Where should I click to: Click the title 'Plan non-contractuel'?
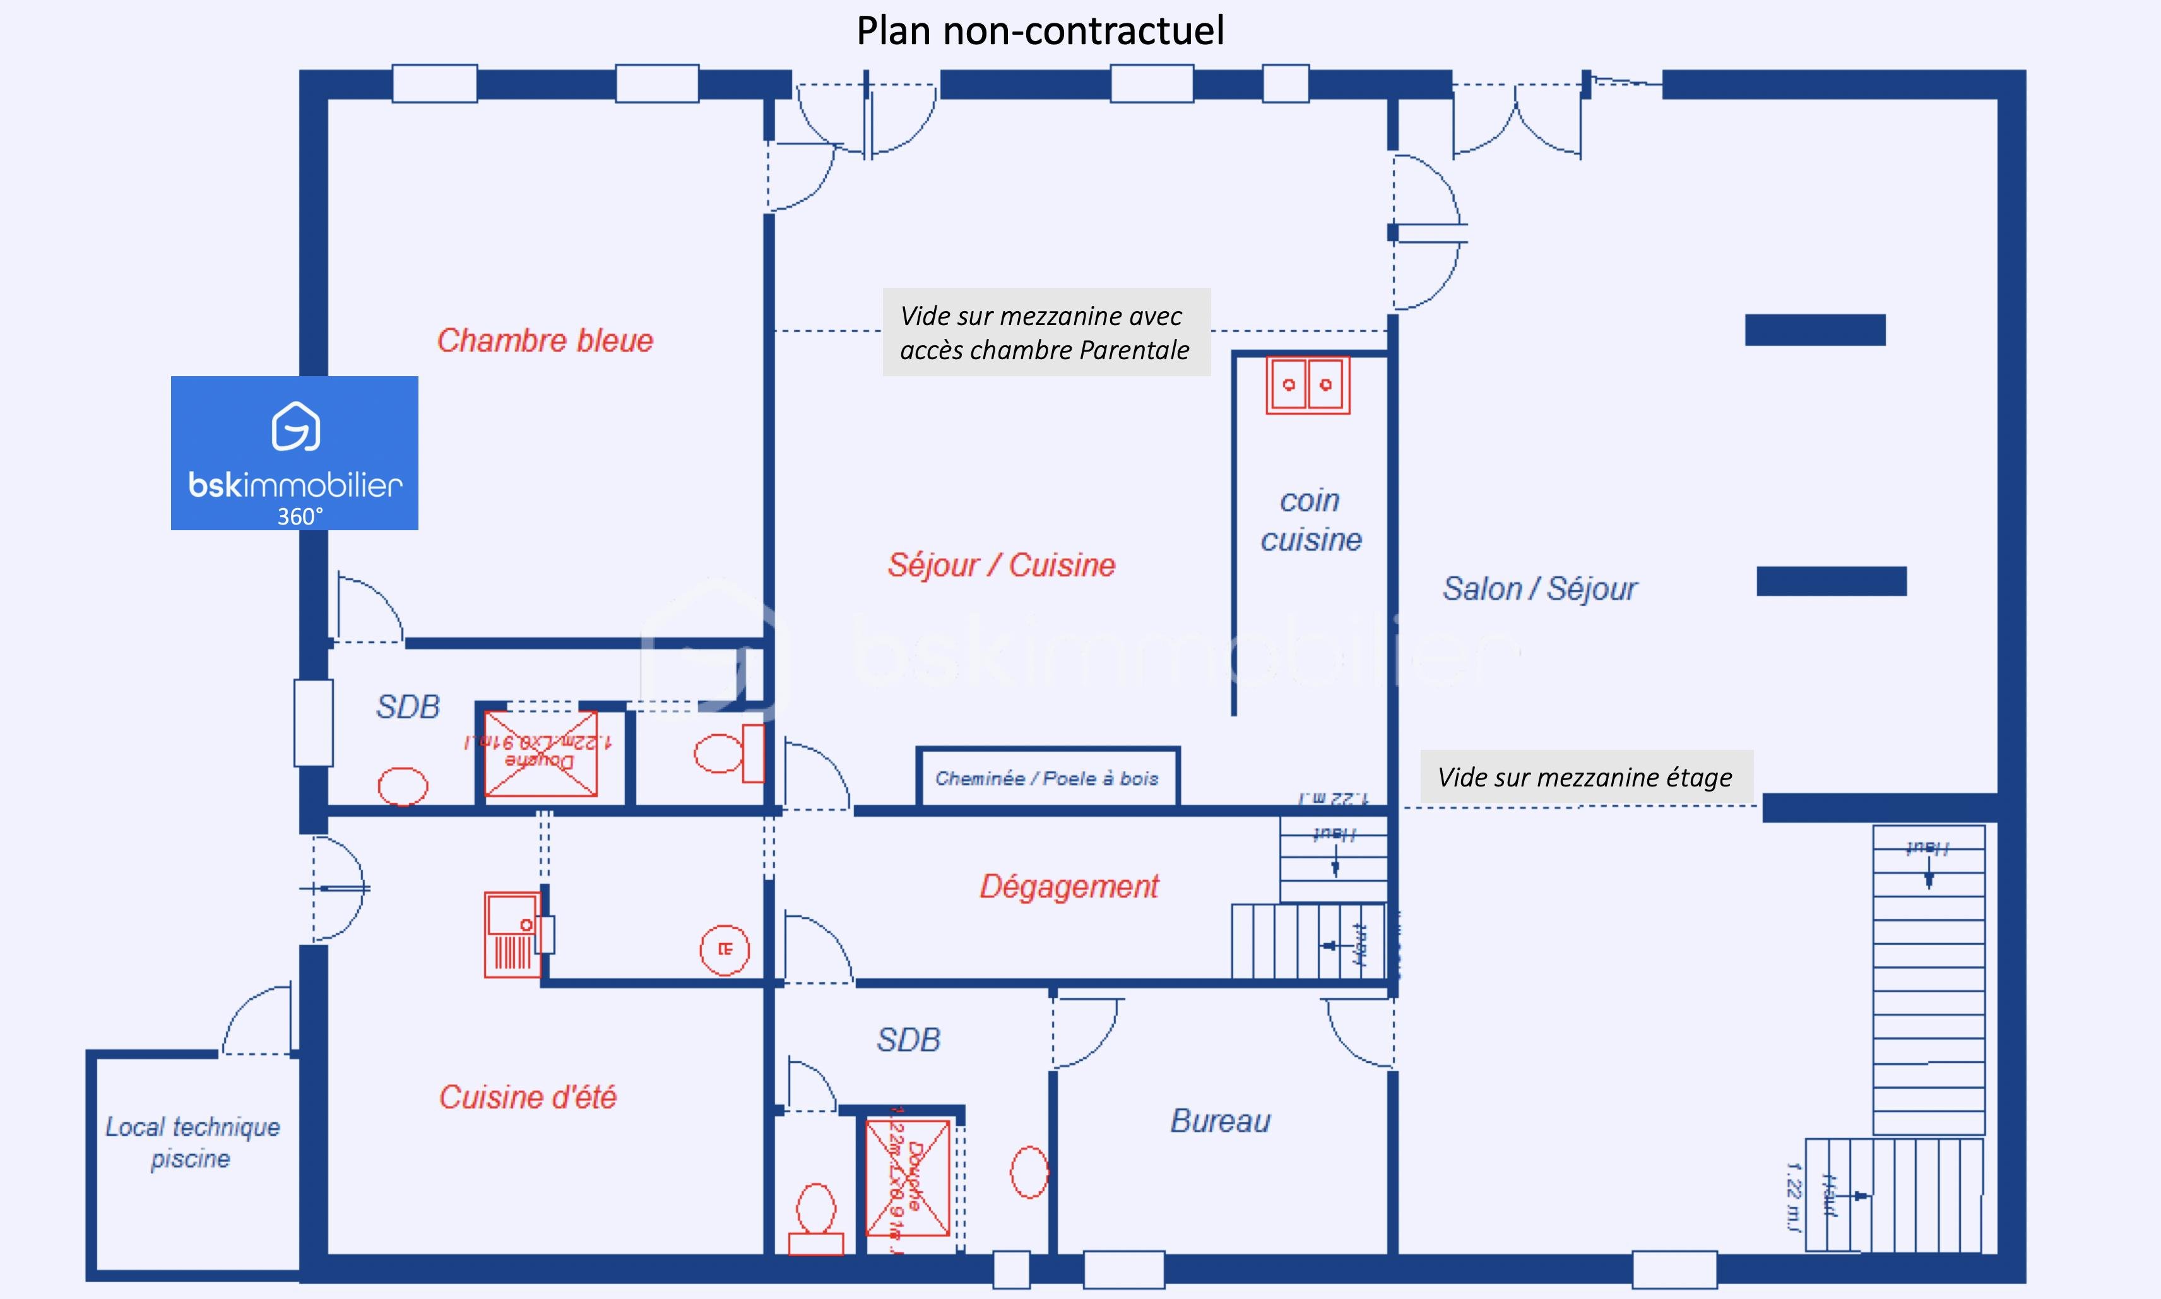1040,31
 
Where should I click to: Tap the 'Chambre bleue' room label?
545,340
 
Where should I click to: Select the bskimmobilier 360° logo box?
294,453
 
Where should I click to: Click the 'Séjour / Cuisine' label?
1001,566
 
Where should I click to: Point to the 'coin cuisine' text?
1310,520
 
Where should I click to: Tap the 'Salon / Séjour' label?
1539,589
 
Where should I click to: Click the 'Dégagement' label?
1069,887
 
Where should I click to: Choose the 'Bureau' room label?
1220,1121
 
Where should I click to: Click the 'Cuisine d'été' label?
528,1098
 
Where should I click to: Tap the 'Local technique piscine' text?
192,1142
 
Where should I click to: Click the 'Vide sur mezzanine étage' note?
1585,777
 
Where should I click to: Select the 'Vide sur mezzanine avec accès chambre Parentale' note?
1045,333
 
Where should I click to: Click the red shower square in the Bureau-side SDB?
908,1177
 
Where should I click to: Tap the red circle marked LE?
725,949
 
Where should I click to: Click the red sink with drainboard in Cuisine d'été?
513,935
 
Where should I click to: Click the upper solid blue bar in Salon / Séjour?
1815,330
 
